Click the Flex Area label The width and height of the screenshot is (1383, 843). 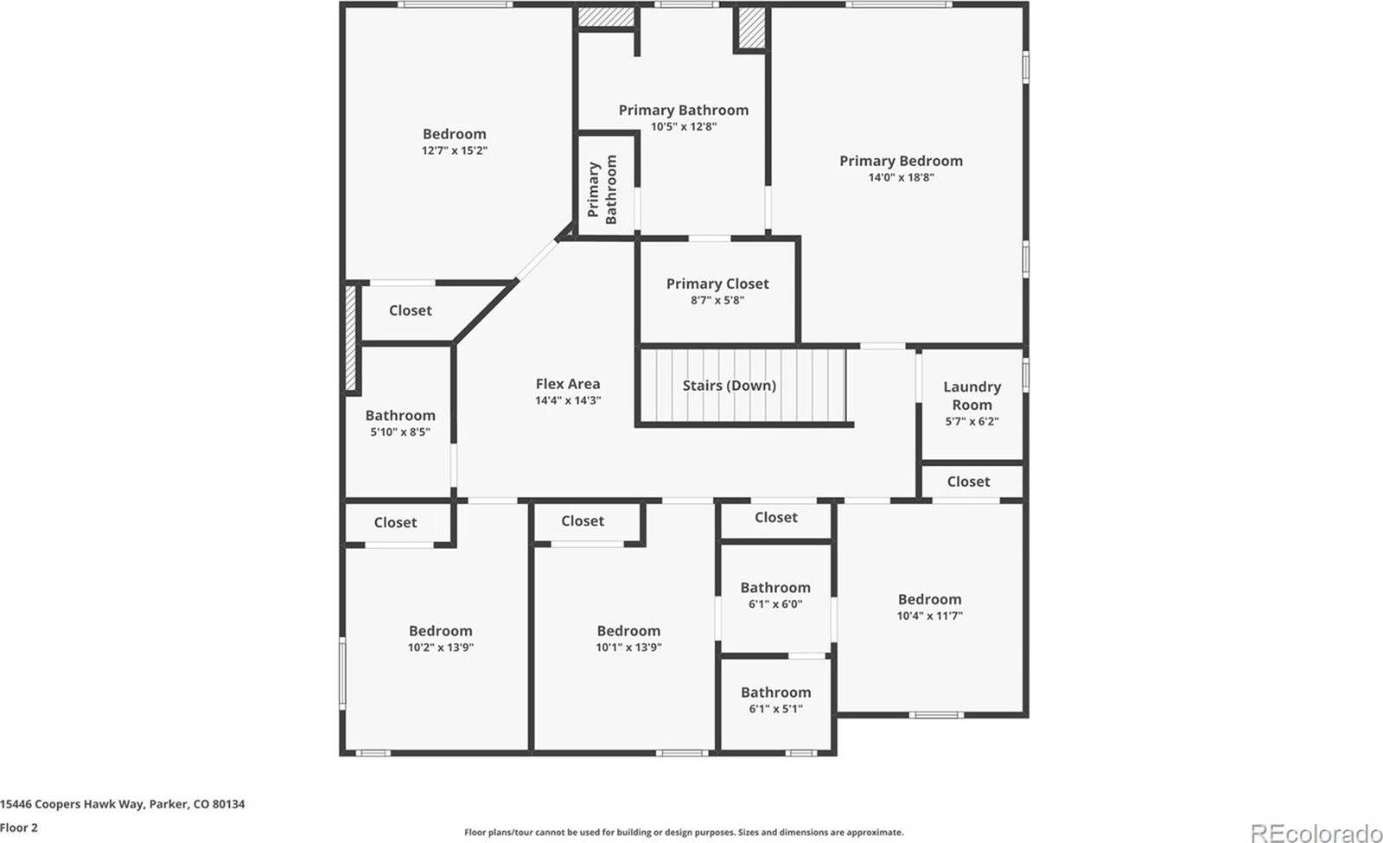pos(567,384)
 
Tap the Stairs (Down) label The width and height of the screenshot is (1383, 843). pos(729,386)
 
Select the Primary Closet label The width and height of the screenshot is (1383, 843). pos(717,284)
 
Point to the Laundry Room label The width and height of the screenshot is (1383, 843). pos(972,396)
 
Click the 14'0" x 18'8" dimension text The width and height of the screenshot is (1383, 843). pos(901,177)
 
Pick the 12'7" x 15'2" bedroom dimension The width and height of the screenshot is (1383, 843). pos(455,150)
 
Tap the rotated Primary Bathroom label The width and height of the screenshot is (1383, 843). pos(602,189)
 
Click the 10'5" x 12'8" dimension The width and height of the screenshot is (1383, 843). pos(683,126)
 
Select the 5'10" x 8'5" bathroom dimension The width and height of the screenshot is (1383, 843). pos(399,431)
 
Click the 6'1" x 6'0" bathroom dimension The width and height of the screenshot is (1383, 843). pos(774,604)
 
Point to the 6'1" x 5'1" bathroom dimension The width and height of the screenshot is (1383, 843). pos(775,709)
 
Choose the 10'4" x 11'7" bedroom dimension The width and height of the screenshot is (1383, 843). pos(929,616)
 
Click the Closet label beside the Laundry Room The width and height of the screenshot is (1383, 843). pos(968,482)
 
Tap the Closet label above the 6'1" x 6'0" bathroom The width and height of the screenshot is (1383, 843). pos(775,517)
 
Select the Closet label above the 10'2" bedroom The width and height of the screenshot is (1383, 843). pos(395,522)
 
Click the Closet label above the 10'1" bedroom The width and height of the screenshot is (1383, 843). pos(582,520)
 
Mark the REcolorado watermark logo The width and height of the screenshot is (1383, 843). pos(1316,833)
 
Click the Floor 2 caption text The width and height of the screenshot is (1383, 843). pos(19,827)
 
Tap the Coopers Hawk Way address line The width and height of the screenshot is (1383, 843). pos(122,804)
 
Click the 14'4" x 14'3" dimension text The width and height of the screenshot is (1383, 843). pos(567,400)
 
